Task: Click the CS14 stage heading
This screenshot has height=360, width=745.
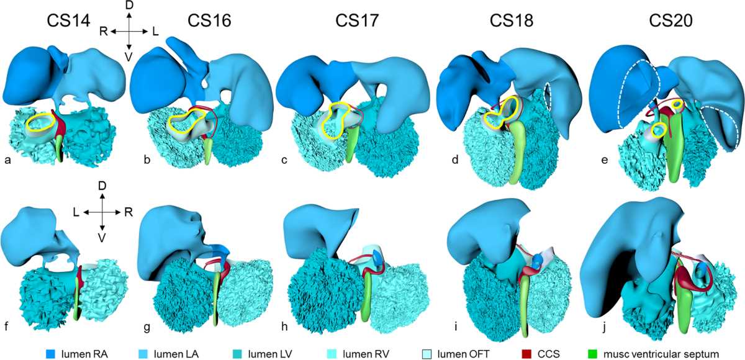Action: pos(68,20)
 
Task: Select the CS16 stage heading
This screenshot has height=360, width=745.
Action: pos(209,20)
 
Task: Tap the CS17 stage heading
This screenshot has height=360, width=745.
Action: pos(357,20)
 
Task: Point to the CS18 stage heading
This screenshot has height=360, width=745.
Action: pos(511,20)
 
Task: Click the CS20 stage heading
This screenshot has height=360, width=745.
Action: pos(671,20)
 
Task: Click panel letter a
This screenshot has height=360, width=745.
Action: pos(7,160)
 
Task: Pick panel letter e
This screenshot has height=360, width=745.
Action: pos(604,160)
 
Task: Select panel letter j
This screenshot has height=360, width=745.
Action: pos(603,328)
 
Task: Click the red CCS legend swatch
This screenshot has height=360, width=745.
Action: pos(526,354)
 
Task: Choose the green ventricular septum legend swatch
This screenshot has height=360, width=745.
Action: pos(593,354)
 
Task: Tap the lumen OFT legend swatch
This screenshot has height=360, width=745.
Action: pos(427,354)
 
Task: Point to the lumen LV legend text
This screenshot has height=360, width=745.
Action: pos(270,354)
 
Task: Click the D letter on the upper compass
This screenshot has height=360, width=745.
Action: pos(129,6)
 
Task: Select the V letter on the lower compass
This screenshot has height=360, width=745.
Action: pos(102,238)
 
